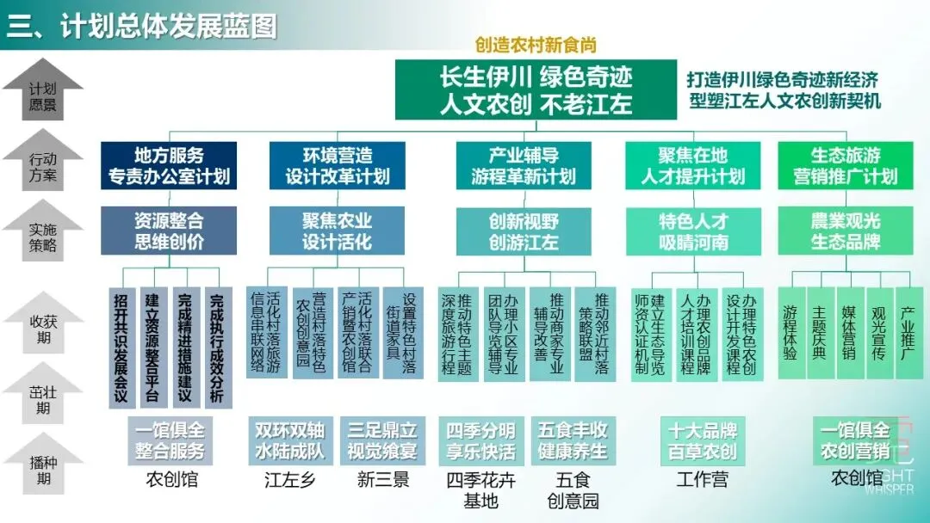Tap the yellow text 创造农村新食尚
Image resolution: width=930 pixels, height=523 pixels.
point(536,46)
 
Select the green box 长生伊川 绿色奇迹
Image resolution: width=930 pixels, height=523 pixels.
point(536,89)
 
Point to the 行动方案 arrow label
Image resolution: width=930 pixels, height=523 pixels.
point(42,167)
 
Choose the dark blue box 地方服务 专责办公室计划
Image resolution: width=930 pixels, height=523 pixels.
point(169,166)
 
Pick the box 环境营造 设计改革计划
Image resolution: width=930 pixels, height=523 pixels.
point(338,166)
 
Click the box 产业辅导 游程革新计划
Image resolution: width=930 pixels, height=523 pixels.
point(524,166)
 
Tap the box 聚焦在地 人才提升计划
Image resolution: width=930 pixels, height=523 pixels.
point(692,166)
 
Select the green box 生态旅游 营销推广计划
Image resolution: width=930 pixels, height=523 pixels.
point(845,166)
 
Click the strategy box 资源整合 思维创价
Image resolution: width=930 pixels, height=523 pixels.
point(169,230)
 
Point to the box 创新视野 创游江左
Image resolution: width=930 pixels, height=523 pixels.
point(524,231)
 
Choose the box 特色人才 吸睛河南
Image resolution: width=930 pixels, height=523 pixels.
point(692,231)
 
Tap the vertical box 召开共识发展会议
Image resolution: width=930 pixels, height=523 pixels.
point(121,348)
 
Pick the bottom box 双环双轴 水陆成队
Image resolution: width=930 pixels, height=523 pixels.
point(289,440)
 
